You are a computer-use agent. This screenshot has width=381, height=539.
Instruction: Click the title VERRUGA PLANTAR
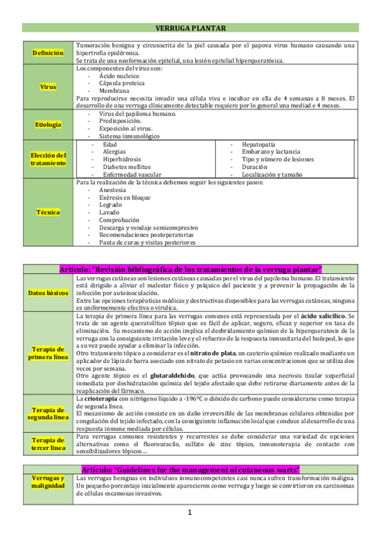click(191, 28)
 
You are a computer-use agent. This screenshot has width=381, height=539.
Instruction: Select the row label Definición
click(48, 53)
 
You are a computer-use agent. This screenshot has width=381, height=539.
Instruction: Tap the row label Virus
click(48, 86)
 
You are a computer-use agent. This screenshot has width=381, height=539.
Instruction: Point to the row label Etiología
click(48, 125)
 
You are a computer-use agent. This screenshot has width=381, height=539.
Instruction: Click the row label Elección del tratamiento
click(48, 159)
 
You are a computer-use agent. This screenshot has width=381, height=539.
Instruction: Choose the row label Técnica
click(48, 212)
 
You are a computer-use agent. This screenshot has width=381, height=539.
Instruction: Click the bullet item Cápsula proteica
click(121, 83)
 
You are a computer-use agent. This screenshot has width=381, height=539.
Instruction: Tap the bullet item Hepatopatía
click(259, 144)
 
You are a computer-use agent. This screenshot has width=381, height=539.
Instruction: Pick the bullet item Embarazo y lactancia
click(272, 152)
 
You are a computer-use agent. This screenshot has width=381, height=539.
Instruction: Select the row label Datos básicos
click(48, 292)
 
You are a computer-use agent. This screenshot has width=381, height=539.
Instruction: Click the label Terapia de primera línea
click(48, 353)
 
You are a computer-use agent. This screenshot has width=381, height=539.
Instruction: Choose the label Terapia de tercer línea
click(48, 444)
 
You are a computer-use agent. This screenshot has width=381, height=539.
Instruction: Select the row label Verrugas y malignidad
click(48, 482)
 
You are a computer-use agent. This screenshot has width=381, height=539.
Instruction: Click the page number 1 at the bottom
click(190, 513)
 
